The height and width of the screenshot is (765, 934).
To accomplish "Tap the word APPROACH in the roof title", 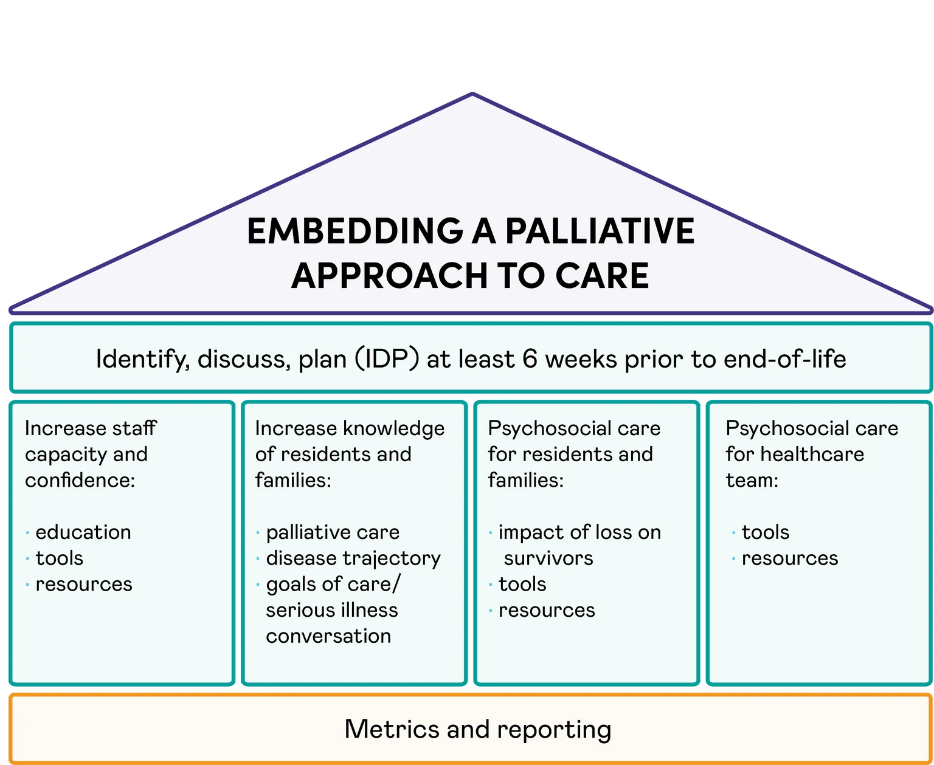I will [x=390, y=276].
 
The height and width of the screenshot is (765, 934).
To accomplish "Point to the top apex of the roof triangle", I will [x=472, y=94].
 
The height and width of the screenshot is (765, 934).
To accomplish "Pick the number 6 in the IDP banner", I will [x=530, y=359].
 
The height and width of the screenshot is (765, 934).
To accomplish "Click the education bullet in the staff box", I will [x=83, y=532].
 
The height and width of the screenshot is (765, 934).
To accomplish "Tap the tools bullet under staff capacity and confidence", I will [x=60, y=558].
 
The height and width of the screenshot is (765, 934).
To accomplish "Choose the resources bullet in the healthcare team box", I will [x=789, y=558].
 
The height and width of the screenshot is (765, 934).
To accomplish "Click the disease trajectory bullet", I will [x=353, y=558].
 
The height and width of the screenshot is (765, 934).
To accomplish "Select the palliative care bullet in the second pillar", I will [x=333, y=532].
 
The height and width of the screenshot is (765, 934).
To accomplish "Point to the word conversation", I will [x=328, y=636].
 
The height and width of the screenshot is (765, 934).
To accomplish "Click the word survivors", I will [x=548, y=558].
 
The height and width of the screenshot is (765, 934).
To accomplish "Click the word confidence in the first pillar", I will [x=80, y=481].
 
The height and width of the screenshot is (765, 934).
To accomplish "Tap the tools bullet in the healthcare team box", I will [x=765, y=532].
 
